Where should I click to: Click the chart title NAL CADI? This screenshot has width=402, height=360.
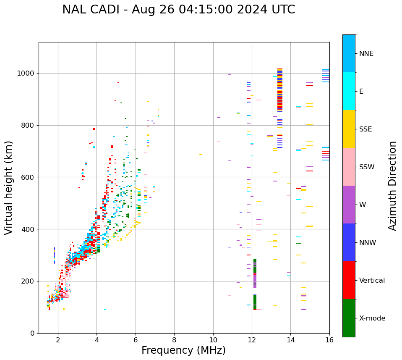[178, 10]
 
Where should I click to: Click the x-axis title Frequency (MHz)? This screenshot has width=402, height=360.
[183, 350]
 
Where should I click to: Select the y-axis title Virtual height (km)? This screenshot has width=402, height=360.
[9, 187]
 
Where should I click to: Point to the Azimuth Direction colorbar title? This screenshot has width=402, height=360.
[392, 186]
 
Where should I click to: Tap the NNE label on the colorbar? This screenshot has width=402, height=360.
[366, 54]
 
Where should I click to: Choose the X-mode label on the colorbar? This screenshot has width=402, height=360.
[372, 318]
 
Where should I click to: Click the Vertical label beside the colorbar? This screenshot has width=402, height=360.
[372, 281]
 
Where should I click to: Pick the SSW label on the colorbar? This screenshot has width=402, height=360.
[367, 167]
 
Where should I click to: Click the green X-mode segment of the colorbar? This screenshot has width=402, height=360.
[349, 318]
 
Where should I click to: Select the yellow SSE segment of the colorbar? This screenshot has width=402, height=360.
[349, 129]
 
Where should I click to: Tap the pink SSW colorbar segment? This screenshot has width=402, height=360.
[349, 167]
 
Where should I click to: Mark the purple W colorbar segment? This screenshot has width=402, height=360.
[349, 205]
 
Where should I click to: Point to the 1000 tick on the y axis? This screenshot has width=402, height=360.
[26, 74]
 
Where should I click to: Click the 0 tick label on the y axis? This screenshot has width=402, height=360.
[32, 333]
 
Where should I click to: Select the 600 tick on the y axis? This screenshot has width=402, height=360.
[28, 177]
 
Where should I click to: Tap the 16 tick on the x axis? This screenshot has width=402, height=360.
[329, 340]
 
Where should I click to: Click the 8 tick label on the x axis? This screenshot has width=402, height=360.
[174, 340]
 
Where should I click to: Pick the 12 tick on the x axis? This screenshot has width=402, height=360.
[252, 340]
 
